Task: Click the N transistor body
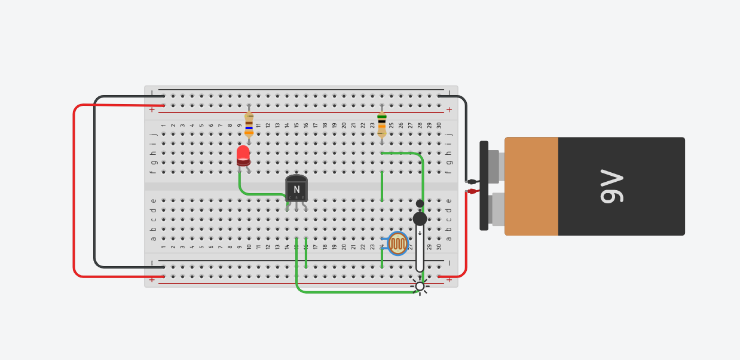(x=296, y=189)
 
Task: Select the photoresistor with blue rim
(x=397, y=243)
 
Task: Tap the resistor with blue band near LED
(x=249, y=124)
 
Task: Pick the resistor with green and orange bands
(x=382, y=124)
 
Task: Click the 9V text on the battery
(x=610, y=187)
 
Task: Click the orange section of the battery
(x=531, y=187)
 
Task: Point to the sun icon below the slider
(x=420, y=286)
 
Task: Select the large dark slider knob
(x=420, y=219)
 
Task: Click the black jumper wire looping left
(x=95, y=179)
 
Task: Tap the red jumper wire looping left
(x=74, y=191)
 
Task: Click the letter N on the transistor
(x=296, y=190)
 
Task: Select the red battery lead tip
(x=472, y=191)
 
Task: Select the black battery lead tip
(x=472, y=182)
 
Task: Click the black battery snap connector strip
(x=484, y=185)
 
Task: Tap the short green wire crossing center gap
(x=382, y=185)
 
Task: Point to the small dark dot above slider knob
(x=420, y=203)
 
